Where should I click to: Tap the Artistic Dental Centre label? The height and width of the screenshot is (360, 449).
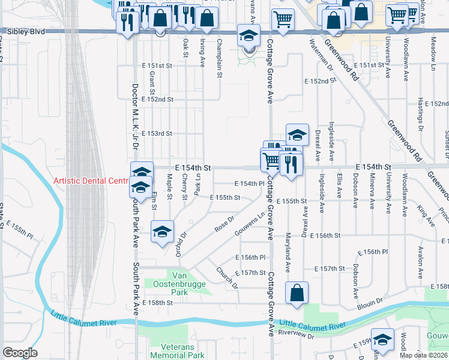[x=91, y=181]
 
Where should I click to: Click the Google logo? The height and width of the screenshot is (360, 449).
[x=19, y=353]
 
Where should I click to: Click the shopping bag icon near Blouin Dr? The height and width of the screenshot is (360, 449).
[x=297, y=293]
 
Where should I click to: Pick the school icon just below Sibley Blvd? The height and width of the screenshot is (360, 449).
[x=249, y=35]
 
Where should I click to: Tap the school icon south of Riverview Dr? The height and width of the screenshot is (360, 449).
[x=382, y=340]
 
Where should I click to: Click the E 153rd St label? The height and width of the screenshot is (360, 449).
[x=157, y=134]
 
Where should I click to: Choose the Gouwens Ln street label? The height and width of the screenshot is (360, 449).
[x=253, y=223]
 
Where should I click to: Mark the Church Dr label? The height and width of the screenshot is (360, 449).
[x=228, y=277]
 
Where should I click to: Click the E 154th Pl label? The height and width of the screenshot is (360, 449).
[x=250, y=184]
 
